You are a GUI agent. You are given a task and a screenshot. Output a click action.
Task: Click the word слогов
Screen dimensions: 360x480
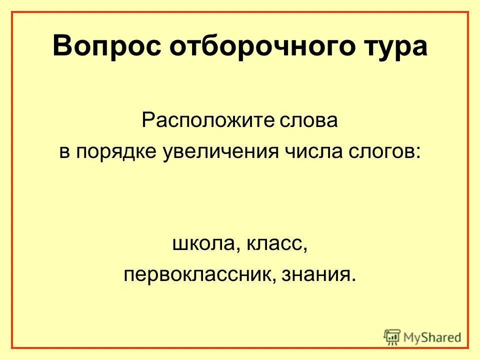[382, 151]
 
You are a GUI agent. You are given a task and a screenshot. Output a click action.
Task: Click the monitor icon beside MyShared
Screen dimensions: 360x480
[392, 336]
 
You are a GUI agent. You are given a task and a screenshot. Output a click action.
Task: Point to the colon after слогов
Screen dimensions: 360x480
[417, 153]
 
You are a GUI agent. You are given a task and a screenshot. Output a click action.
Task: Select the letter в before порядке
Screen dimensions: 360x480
[64, 151]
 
